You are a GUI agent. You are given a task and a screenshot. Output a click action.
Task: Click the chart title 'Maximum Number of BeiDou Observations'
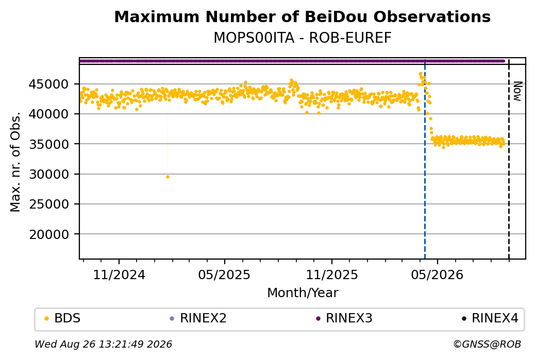(302, 17)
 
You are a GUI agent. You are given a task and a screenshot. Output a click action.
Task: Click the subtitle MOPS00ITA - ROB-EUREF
(302, 38)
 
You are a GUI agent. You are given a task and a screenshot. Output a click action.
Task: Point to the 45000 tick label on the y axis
(49, 84)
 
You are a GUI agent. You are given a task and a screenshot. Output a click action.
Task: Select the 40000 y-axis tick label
(49, 114)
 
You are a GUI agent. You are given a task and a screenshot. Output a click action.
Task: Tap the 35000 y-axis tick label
(49, 144)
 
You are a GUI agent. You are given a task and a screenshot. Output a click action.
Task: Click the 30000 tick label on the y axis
(49, 174)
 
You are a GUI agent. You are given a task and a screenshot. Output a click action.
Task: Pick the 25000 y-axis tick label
(49, 204)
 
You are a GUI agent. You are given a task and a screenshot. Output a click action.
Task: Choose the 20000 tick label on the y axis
(49, 234)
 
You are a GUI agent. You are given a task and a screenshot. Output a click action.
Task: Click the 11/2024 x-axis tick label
(119, 275)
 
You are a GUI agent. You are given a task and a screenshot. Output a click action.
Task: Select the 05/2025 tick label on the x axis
(224, 275)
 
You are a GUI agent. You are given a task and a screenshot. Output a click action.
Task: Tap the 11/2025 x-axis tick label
(331, 275)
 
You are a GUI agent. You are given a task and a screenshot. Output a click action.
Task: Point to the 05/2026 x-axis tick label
(437, 275)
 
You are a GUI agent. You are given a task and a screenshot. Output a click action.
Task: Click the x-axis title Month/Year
(303, 293)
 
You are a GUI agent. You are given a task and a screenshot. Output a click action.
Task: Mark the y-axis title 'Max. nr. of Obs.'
(15, 162)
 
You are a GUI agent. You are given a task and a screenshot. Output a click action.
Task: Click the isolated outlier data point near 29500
(167, 177)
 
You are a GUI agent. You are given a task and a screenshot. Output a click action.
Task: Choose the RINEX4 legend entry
(490, 318)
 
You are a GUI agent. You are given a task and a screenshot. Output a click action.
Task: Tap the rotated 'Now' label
(517, 91)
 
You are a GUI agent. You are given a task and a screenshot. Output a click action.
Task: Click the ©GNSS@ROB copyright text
(487, 344)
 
